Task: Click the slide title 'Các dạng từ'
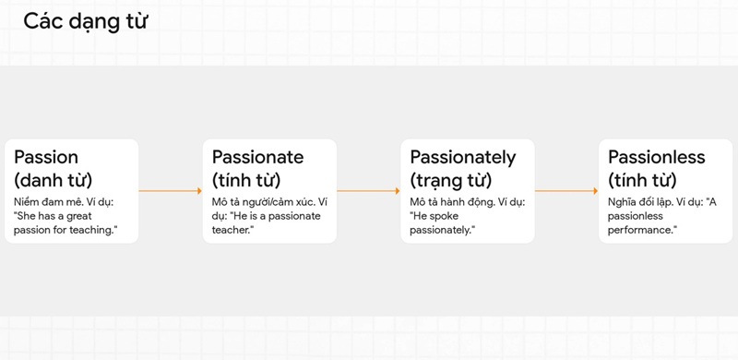86,21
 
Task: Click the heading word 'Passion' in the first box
46,157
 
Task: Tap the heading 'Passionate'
257,157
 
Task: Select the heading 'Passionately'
463,157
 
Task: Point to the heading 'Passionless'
657,157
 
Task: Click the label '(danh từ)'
53,180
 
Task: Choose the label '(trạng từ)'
450,180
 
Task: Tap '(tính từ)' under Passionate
246,180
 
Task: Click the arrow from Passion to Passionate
170,191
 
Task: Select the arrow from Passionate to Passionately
368,191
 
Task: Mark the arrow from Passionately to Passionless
566,191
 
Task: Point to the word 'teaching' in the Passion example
90,229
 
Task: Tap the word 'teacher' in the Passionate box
231,229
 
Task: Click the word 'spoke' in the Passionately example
448,215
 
